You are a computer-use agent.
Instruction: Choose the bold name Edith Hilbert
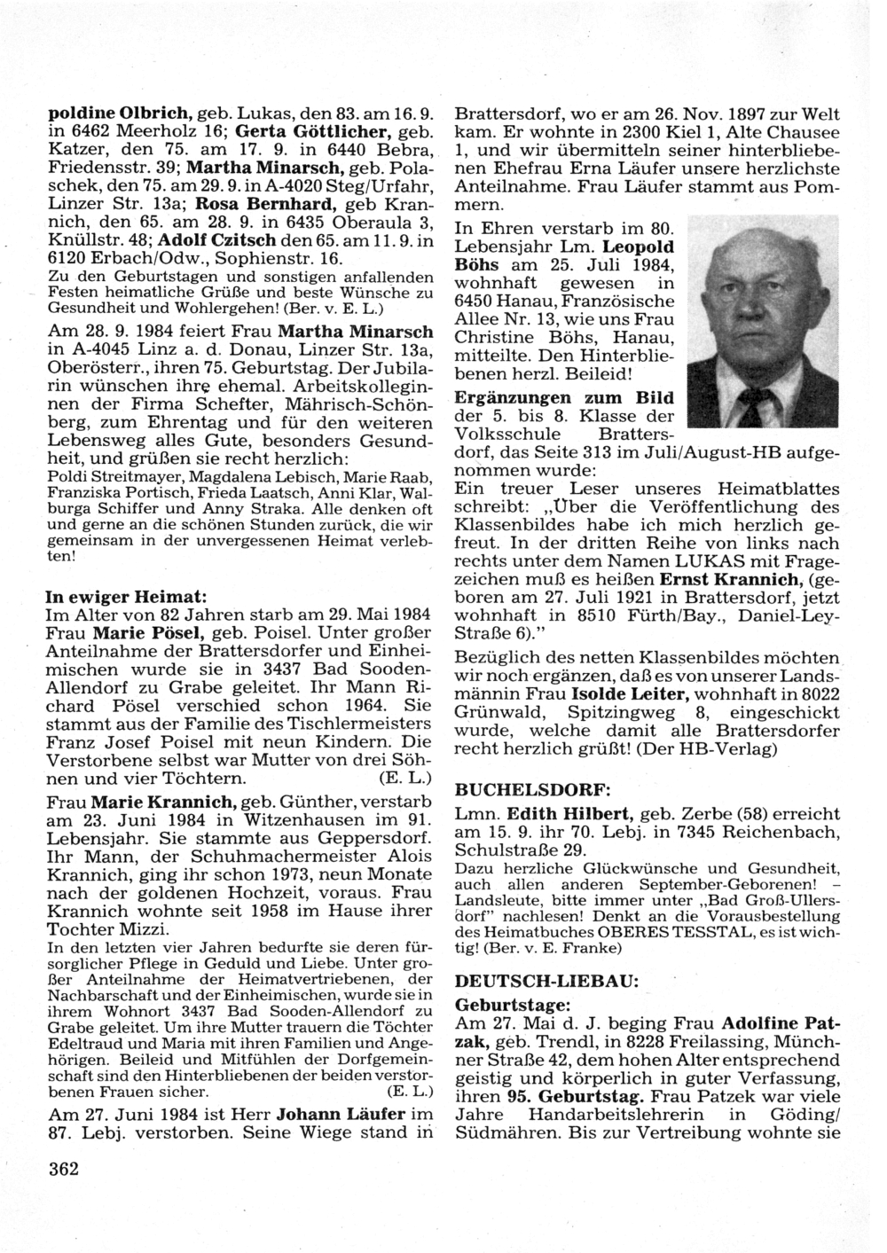pyautogui.click(x=556, y=813)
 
